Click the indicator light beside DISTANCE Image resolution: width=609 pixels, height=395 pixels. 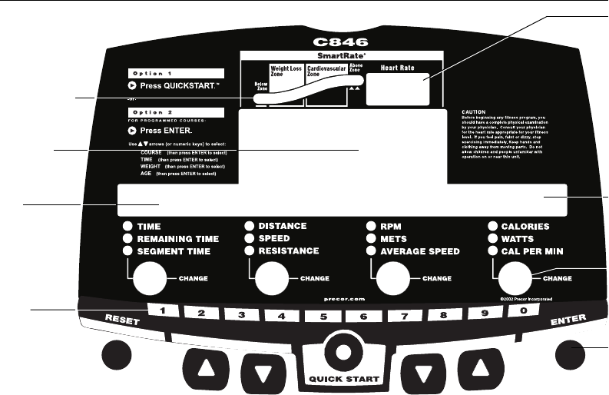pyautogui.click(x=250, y=226)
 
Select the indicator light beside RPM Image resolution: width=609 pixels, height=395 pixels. pyautogui.click(x=372, y=227)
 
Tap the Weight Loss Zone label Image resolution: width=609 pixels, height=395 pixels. pyautogui.click(x=285, y=71)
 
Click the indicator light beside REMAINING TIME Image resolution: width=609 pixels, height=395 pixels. pyautogui.click(x=127, y=239)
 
